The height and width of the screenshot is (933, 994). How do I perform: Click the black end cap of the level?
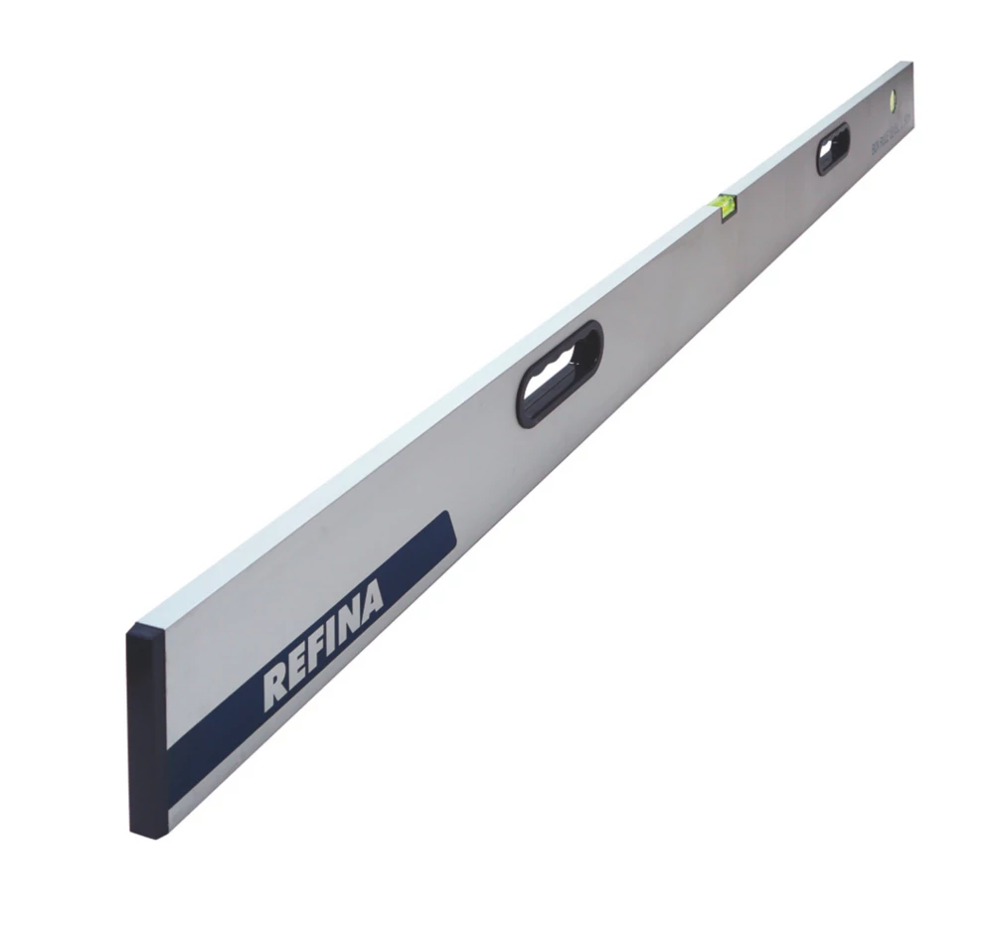coord(146,731)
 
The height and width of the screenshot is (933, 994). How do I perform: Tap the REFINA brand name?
coord(323,645)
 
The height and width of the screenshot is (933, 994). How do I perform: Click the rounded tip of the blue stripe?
coord(448,529)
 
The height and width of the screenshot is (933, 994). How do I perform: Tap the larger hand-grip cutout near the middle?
coord(560,373)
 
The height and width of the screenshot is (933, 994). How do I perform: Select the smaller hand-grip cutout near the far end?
coord(833,148)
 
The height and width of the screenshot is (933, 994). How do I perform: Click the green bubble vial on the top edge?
coord(725,204)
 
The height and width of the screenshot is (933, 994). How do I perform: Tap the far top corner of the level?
coord(910,63)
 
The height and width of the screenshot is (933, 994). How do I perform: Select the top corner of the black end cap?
coord(130,630)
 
